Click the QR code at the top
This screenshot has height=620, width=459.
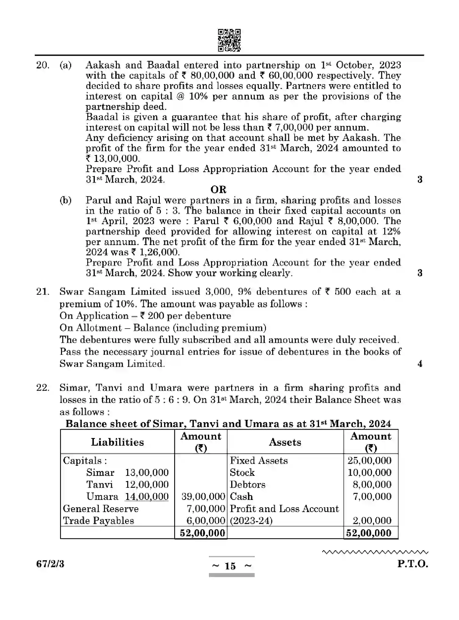(229, 40)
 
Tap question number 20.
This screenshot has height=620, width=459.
(43, 65)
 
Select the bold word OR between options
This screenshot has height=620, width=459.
(218, 190)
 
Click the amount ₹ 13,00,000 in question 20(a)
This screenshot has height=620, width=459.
(113, 159)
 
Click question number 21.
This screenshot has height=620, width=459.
(43, 292)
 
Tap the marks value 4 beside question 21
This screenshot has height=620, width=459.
(420, 364)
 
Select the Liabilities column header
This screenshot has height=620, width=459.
(117, 442)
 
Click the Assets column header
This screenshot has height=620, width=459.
(285, 442)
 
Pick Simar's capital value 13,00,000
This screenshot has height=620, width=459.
(147, 472)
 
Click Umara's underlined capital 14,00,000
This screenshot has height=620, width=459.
(147, 497)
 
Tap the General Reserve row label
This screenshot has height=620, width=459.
(101, 508)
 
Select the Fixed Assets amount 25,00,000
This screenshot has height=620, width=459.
(369, 461)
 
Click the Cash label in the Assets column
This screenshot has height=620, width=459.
(241, 497)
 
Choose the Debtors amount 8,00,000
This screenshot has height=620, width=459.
(372, 485)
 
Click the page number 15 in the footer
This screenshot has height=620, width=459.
(230, 566)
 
